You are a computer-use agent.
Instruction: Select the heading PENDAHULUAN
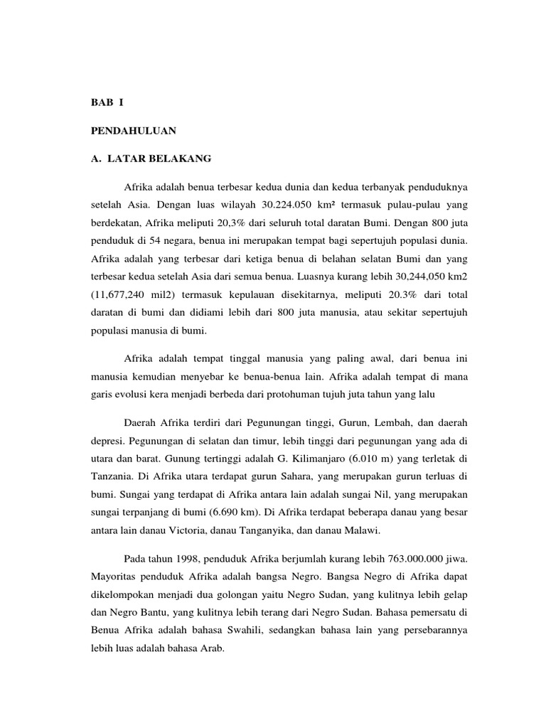coord(134,131)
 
